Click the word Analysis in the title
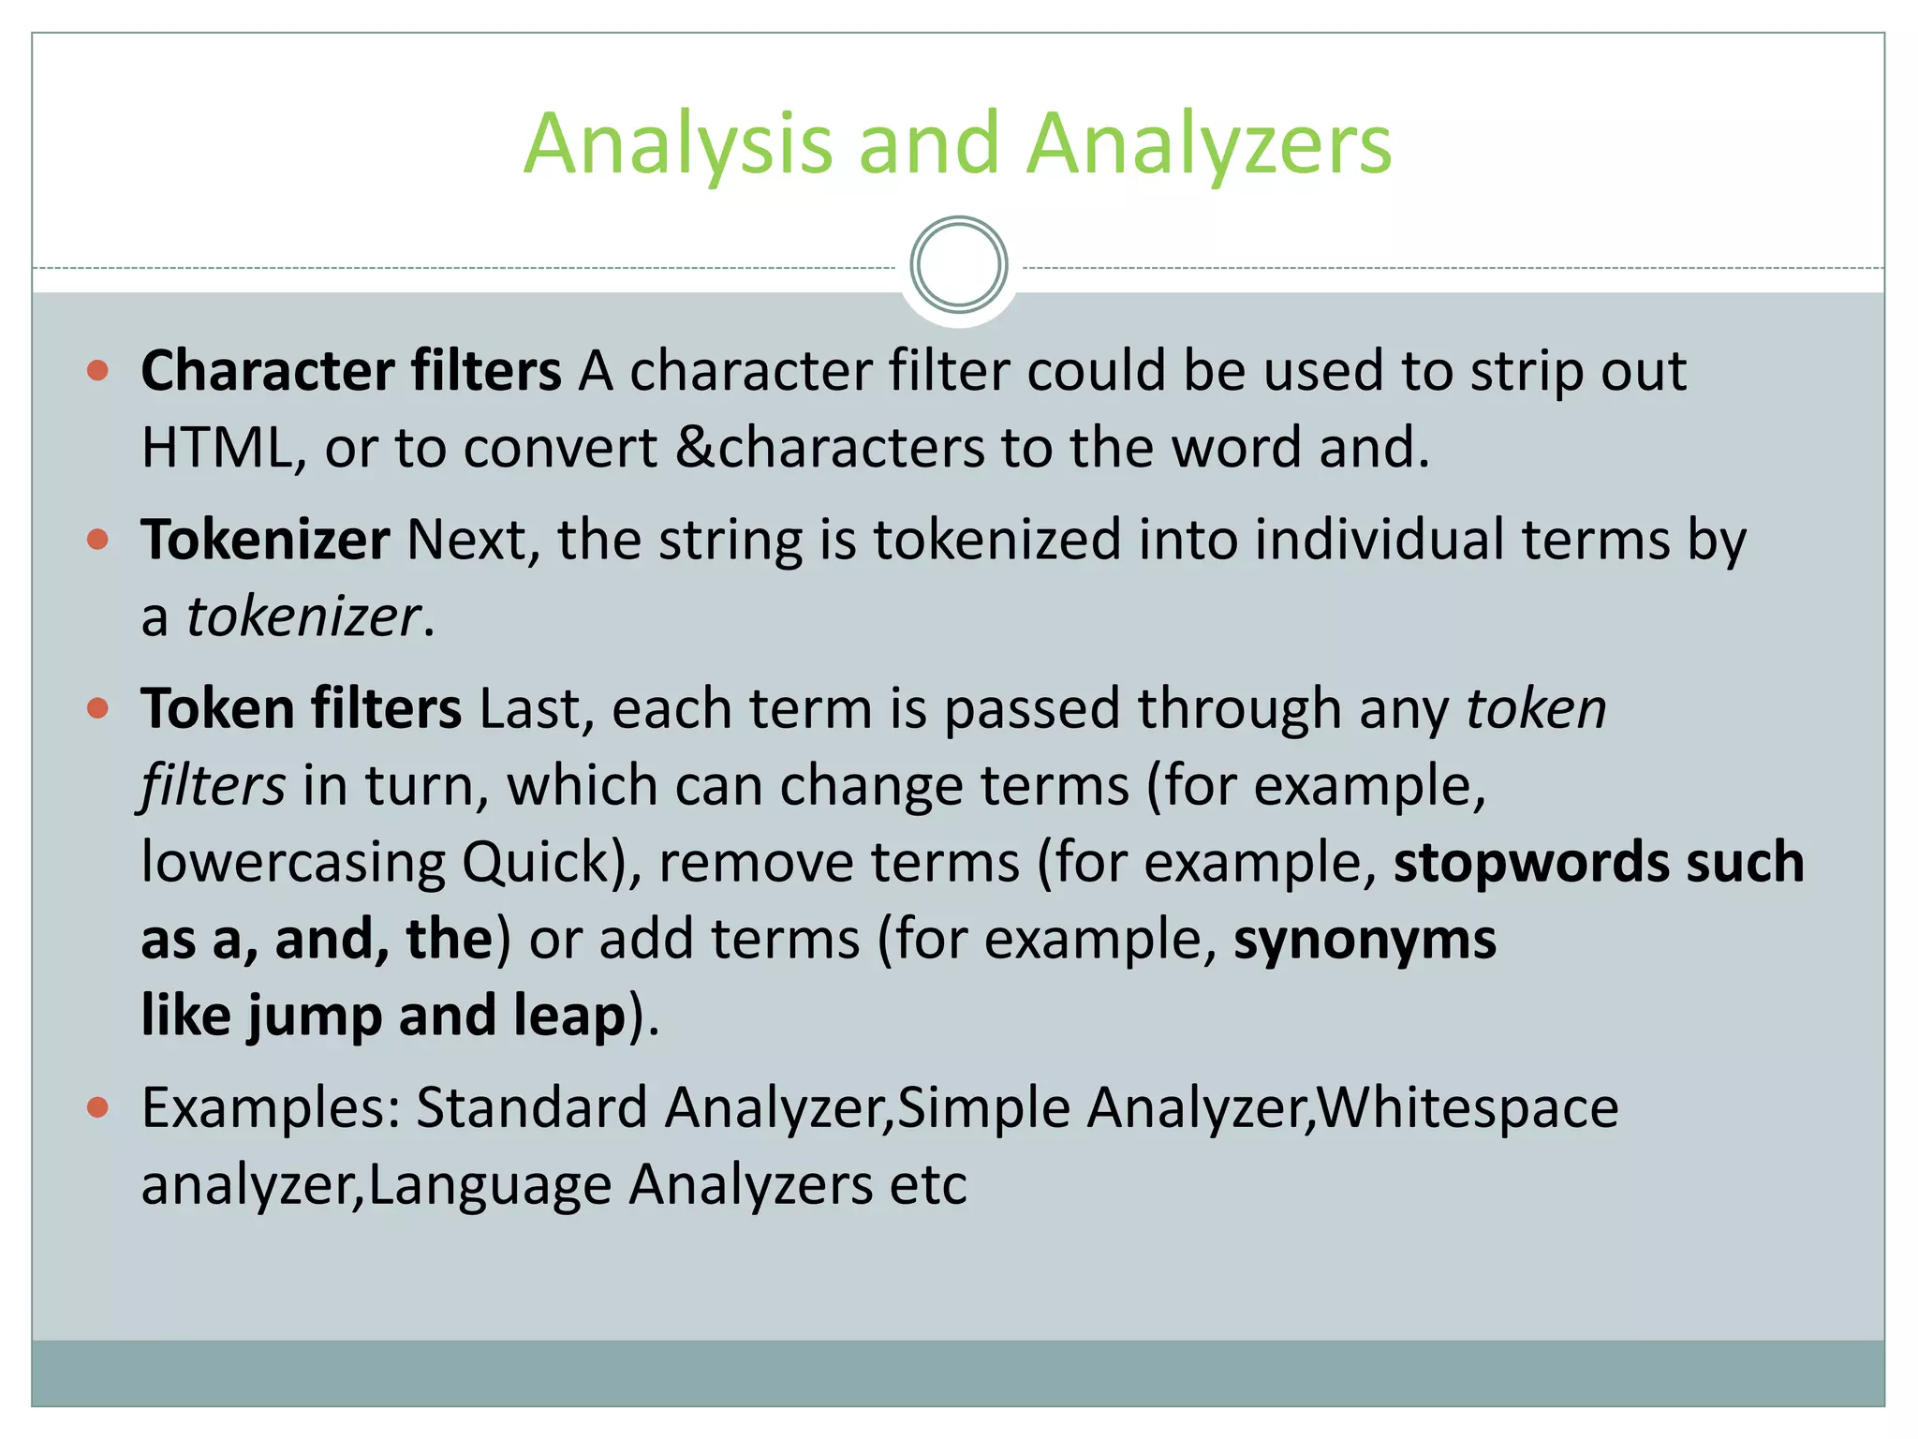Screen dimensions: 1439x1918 click(x=678, y=145)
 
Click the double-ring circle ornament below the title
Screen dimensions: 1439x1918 click(x=958, y=265)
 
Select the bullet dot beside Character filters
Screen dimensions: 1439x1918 click(x=97, y=371)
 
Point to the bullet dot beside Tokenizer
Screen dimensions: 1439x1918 click(x=97, y=540)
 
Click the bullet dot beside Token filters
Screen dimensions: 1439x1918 click(x=97, y=707)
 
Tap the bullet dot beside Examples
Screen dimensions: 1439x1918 click(x=97, y=1108)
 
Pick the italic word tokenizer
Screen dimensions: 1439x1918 click(x=302, y=617)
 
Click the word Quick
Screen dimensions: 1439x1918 click(x=536, y=862)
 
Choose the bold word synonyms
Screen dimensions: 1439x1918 click(x=1365, y=940)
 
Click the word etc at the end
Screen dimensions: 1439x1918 click(x=928, y=1185)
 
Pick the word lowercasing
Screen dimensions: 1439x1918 click(x=293, y=862)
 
